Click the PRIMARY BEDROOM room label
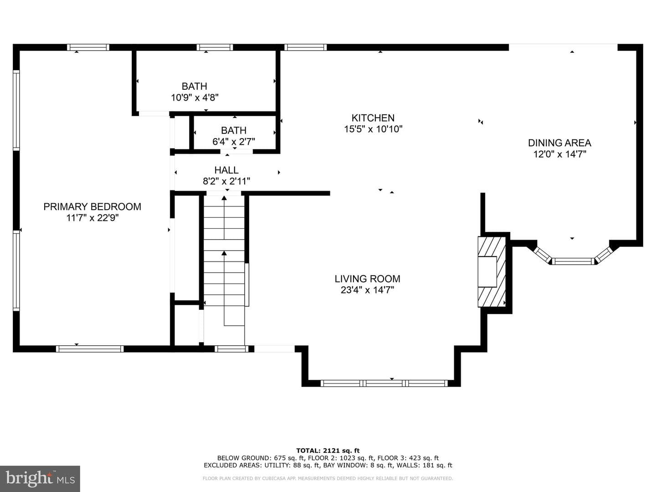pos(92,207)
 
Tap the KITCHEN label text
pos(373,118)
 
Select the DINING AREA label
pos(559,143)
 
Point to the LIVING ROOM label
pos(367,279)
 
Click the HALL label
pos(226,170)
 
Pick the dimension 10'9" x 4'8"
pos(195,97)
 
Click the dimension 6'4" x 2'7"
pos(233,142)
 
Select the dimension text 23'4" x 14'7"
pos(367,290)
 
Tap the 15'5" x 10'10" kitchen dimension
pos(373,129)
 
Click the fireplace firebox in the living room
pos(487,272)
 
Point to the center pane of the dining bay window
pos(573,261)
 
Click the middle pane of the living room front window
pos(384,383)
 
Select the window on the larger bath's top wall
pos(215,47)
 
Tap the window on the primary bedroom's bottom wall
pos(90,349)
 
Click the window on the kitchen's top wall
pos(305,47)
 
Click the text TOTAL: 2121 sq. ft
pos(328,451)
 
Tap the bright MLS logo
pos(40,478)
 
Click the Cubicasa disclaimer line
pos(328,478)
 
